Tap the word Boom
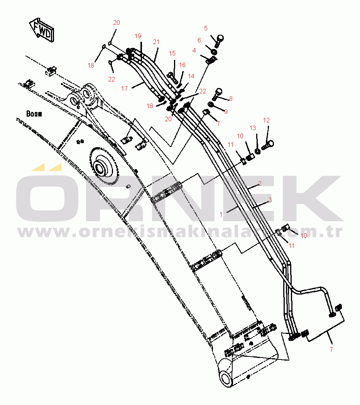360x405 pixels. (34, 114)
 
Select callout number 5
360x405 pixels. (206, 28)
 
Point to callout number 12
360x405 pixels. (266, 120)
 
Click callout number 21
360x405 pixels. (156, 42)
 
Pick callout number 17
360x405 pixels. (124, 88)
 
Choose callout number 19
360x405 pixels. (138, 36)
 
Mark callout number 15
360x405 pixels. (172, 53)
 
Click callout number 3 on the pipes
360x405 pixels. (270, 200)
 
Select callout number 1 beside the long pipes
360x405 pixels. (221, 214)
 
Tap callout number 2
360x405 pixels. (260, 183)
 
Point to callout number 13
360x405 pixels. (253, 128)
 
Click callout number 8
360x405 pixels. (231, 98)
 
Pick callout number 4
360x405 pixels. (194, 50)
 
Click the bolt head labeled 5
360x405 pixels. (220, 38)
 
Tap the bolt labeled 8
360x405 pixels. (218, 92)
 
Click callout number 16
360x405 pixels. (182, 65)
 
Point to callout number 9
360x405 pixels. (226, 112)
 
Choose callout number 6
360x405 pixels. (199, 40)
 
